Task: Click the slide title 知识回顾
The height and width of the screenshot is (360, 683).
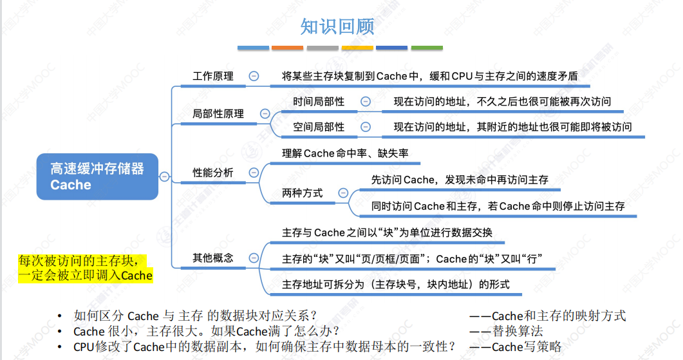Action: tap(337, 26)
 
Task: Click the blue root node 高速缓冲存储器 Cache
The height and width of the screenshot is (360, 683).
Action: tap(97, 176)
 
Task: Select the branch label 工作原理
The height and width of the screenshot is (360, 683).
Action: tap(213, 76)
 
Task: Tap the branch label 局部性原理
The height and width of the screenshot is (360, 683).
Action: tap(218, 113)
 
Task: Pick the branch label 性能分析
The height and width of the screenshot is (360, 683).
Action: tap(213, 173)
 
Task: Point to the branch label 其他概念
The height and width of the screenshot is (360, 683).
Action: tap(213, 258)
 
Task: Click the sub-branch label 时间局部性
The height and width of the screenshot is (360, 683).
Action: tap(319, 102)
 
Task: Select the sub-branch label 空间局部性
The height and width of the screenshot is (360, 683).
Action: tap(319, 127)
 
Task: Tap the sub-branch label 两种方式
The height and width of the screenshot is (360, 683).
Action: tap(303, 193)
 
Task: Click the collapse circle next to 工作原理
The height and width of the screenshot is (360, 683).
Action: tap(254, 76)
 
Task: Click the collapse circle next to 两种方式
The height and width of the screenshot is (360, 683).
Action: tap(343, 193)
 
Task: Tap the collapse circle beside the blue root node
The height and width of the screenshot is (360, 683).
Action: tap(165, 176)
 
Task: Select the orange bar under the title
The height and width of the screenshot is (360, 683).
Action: tap(287, 48)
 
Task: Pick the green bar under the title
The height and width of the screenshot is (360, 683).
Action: tap(427, 48)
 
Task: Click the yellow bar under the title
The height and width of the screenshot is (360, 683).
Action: tap(357, 48)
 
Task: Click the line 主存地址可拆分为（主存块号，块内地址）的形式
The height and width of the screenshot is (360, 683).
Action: tap(395, 284)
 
